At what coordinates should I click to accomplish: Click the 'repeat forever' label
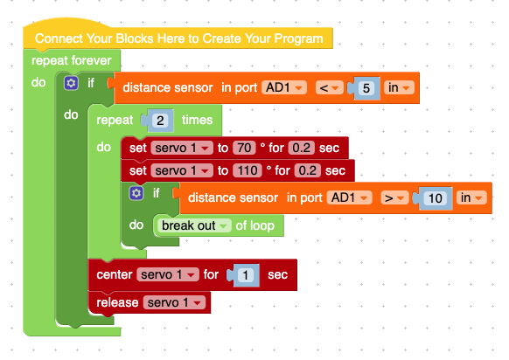click(x=72, y=60)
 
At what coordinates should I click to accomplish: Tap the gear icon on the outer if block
click(x=71, y=83)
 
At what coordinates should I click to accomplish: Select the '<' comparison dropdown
click(x=329, y=88)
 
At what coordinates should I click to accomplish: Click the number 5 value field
click(x=366, y=88)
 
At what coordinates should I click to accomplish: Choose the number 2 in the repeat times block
click(x=160, y=121)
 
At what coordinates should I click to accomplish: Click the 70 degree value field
click(x=244, y=148)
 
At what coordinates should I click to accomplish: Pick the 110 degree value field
click(x=248, y=170)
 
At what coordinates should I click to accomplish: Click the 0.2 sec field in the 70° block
click(x=301, y=148)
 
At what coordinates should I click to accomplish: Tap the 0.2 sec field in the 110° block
click(x=308, y=170)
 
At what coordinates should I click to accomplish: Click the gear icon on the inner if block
click(x=136, y=193)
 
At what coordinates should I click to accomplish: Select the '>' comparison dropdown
click(x=394, y=198)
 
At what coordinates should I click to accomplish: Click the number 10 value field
click(x=436, y=198)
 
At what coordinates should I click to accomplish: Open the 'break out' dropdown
click(x=194, y=225)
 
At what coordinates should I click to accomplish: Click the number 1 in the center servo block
click(x=246, y=275)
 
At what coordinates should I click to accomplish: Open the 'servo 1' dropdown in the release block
click(x=174, y=302)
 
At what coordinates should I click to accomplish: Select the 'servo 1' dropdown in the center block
click(x=168, y=274)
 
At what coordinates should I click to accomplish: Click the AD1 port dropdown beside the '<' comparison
click(x=284, y=88)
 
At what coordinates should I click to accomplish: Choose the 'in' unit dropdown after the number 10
click(x=471, y=198)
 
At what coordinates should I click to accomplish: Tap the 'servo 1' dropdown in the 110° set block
click(x=182, y=170)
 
